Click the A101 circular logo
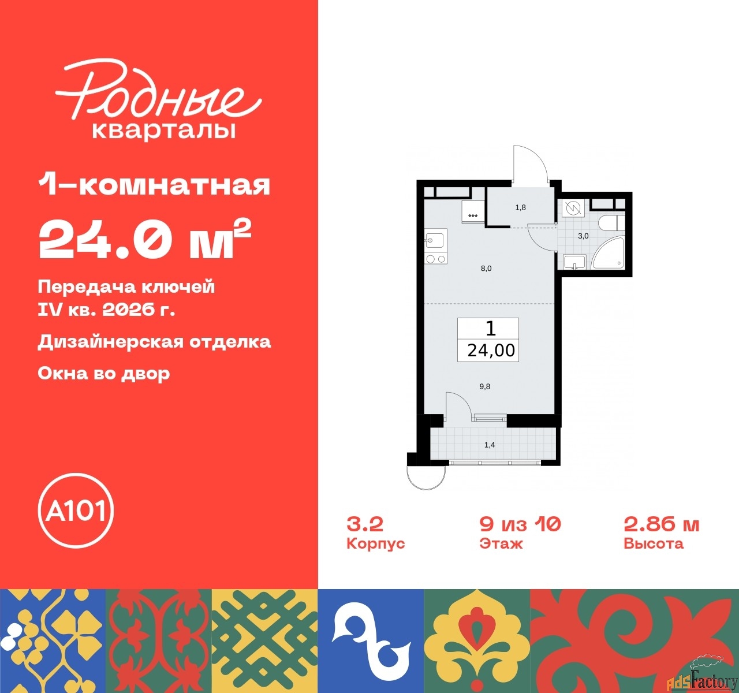(76, 511)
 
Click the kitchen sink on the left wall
(434, 239)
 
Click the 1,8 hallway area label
(520, 207)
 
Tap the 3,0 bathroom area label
(583, 236)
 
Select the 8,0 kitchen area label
(486, 269)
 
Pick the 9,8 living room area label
(485, 386)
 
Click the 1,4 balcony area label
(490, 445)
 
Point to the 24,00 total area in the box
(491, 350)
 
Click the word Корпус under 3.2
(375, 544)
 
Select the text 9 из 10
(520, 524)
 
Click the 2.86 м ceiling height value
(662, 524)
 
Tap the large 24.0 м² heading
(144, 240)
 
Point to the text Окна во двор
(104, 373)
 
